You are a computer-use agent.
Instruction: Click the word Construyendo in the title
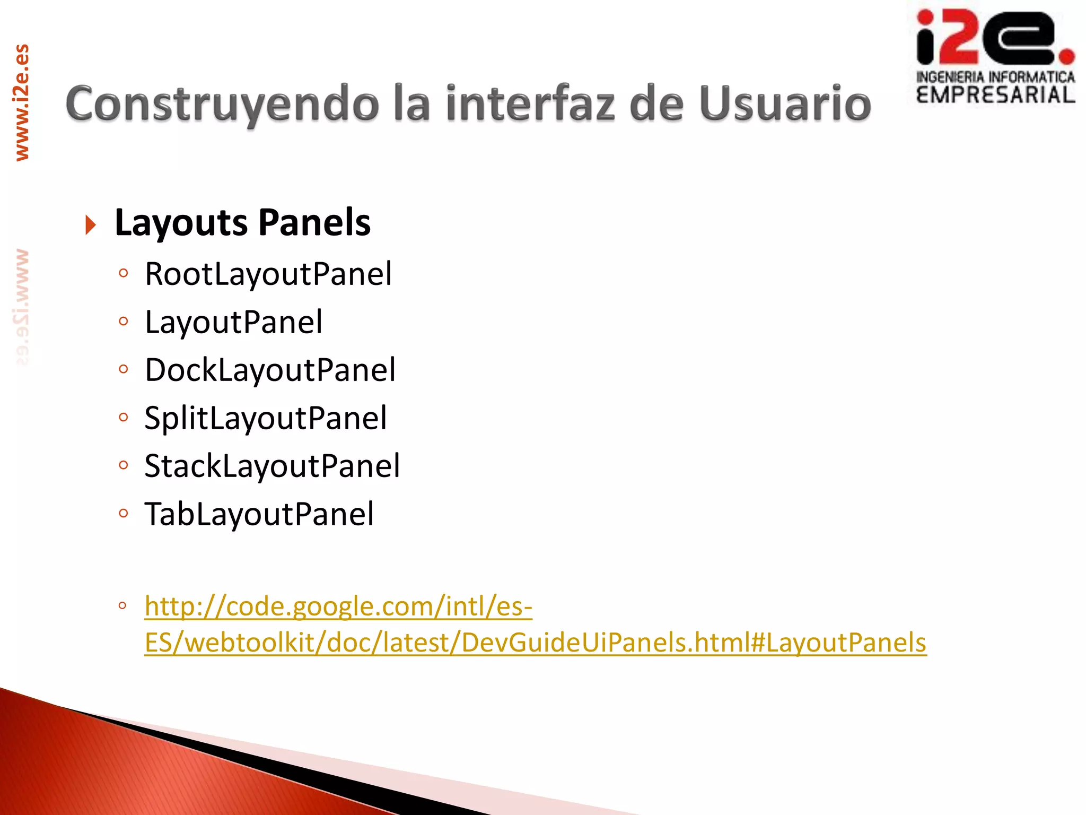click(222, 105)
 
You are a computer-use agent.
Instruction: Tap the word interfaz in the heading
click(530, 103)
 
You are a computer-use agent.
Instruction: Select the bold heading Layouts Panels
click(242, 222)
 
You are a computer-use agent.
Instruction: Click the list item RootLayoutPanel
click(268, 274)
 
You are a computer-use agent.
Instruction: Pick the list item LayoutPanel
click(233, 322)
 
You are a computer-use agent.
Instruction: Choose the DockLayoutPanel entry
click(270, 370)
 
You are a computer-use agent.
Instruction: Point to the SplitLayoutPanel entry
click(266, 418)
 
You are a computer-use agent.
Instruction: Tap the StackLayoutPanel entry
click(272, 466)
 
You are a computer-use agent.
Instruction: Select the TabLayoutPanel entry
click(259, 514)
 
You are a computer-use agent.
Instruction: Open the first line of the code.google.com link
click(338, 606)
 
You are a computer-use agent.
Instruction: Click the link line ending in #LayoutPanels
click(536, 643)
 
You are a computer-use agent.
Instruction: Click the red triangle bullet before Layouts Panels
click(91, 225)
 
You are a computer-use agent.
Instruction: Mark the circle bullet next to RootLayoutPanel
click(124, 273)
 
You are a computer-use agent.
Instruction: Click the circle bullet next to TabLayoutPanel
click(124, 513)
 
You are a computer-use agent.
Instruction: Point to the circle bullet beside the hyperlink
click(122, 605)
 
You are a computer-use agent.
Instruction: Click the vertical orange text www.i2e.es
click(22, 102)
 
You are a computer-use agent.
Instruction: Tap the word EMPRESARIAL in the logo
click(995, 96)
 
